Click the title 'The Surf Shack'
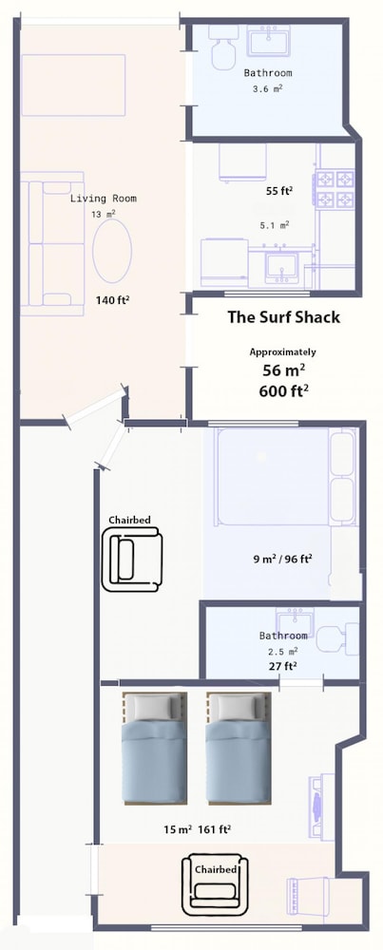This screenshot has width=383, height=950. (283, 317)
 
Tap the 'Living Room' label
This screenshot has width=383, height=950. (103, 199)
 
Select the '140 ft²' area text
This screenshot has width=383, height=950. (113, 299)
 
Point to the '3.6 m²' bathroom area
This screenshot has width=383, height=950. (267, 88)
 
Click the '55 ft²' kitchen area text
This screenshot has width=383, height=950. (279, 191)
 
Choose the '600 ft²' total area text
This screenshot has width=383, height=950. (283, 390)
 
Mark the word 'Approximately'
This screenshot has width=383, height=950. (282, 352)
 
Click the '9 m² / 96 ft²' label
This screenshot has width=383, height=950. (282, 559)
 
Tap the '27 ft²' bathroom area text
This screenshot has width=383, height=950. (282, 667)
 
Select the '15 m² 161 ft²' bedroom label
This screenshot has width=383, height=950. (197, 829)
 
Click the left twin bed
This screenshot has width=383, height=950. (155, 749)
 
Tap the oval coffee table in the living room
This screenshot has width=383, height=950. (112, 251)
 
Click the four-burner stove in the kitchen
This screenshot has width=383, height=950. (335, 189)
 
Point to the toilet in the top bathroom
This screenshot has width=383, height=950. (224, 47)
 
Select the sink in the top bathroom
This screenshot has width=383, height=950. (268, 40)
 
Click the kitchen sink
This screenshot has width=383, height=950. (281, 267)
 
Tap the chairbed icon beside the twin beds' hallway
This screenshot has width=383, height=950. (131, 559)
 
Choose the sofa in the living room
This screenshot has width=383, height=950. (52, 243)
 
